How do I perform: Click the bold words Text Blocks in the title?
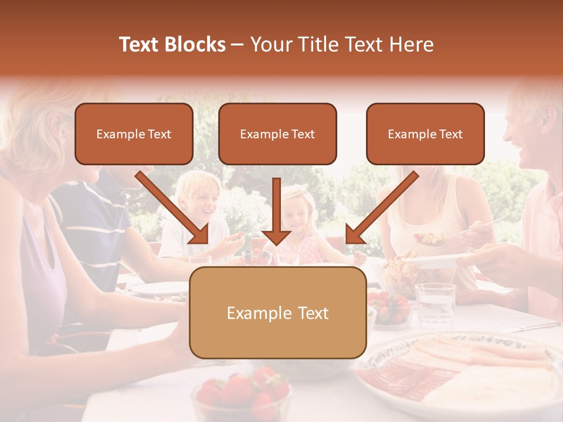(x=172, y=45)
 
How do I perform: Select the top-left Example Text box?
(x=134, y=134)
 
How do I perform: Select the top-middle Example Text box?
(x=277, y=134)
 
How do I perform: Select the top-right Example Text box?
(x=425, y=134)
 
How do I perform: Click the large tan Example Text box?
(x=277, y=312)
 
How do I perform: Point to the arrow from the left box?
(x=174, y=208)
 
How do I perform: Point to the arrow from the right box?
(x=381, y=208)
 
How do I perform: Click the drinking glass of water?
(x=435, y=304)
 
